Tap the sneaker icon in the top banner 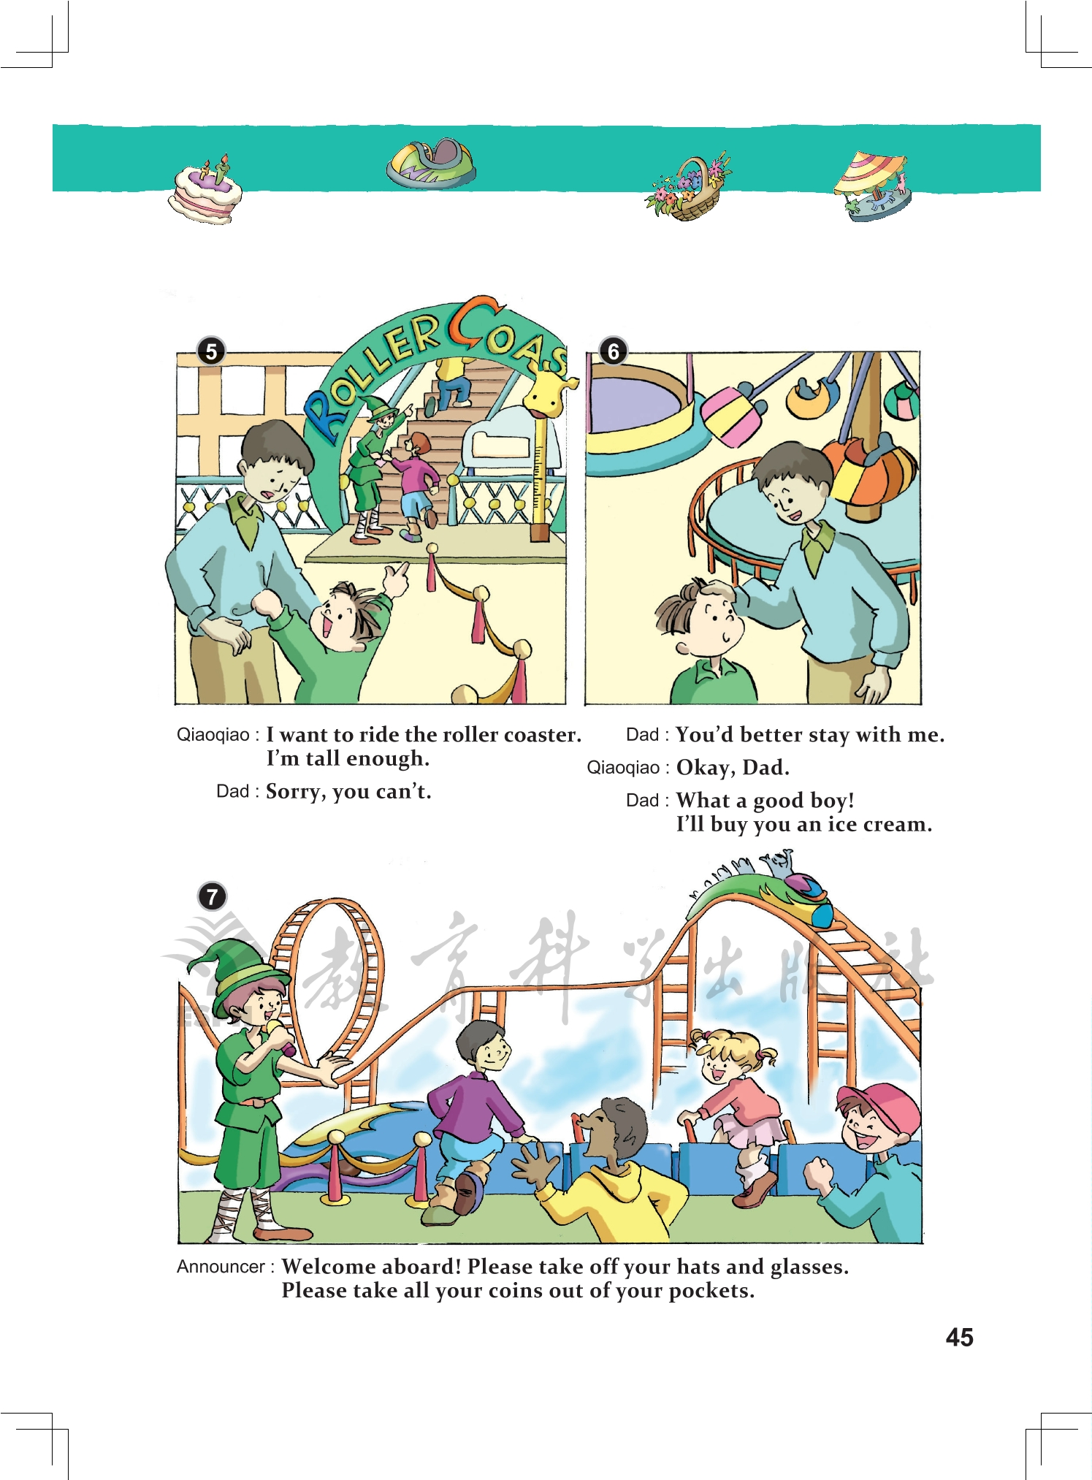pyautogui.click(x=431, y=164)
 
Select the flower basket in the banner pyautogui.click(x=688, y=187)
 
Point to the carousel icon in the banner pyautogui.click(x=874, y=186)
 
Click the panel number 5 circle pyautogui.click(x=211, y=351)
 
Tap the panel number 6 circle pyautogui.click(x=614, y=351)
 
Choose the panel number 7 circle pyautogui.click(x=213, y=896)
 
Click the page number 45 pyautogui.click(x=959, y=1337)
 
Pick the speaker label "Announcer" pyautogui.click(x=221, y=1267)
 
